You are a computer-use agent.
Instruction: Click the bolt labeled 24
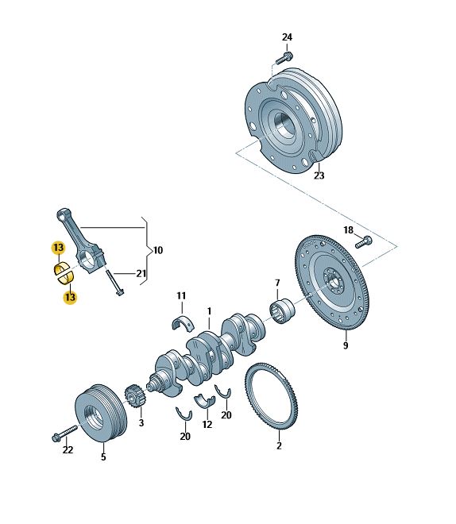pyautogui.click(x=284, y=58)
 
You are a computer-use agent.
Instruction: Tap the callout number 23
pyautogui.click(x=319, y=175)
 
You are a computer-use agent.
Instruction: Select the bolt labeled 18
pyautogui.click(x=363, y=242)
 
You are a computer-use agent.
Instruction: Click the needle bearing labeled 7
pyautogui.click(x=282, y=310)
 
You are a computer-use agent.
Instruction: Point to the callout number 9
pyautogui.click(x=346, y=345)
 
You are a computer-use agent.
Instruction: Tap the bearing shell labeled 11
pyautogui.click(x=184, y=322)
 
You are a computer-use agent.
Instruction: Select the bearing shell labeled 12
pyautogui.click(x=205, y=400)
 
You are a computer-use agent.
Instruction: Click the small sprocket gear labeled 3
pyautogui.click(x=135, y=397)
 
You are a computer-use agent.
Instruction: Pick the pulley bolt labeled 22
pyautogui.click(x=65, y=433)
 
